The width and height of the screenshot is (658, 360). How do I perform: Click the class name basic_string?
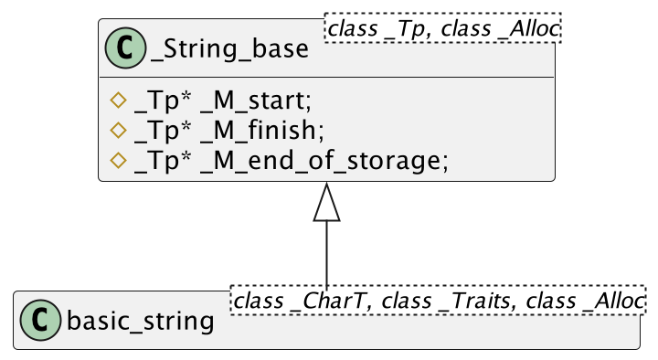[x=141, y=321]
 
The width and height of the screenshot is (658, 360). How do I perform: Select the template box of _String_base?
[x=443, y=29]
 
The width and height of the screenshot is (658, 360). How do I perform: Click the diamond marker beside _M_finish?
[x=116, y=130]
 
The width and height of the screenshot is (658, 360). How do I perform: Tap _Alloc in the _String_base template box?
[x=529, y=29]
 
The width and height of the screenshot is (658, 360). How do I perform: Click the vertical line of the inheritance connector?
[x=326, y=256]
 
